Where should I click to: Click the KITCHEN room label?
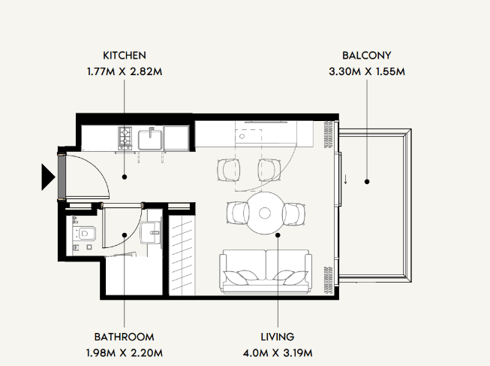point(125,56)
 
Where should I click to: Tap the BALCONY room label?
point(367,56)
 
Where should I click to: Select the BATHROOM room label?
point(124,337)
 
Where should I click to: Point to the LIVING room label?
point(278,337)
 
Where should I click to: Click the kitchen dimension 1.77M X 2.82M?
point(125,71)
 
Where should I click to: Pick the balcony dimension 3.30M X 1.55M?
point(367,71)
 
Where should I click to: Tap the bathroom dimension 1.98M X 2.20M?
point(124,353)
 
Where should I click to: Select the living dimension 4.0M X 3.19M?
point(278,353)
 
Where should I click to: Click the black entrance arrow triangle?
point(48,177)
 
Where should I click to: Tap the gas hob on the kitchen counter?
point(125,138)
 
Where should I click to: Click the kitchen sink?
point(150,139)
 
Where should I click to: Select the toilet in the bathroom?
point(84,234)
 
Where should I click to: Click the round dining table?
point(265,213)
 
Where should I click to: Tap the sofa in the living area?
point(266,271)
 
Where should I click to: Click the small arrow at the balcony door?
point(346,179)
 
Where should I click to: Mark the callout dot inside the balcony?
point(367,182)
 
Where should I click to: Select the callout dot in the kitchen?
point(125,177)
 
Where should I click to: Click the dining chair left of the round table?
point(238,213)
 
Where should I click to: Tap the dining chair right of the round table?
point(293,214)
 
